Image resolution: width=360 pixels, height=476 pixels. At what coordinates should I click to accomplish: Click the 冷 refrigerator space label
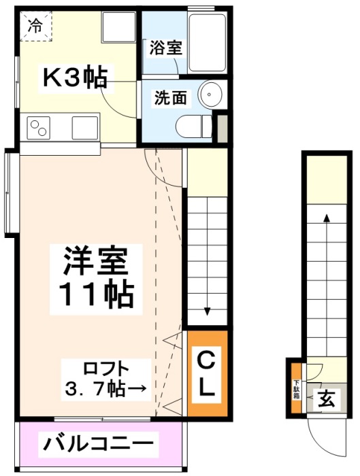pyautogui.click(x=35, y=27)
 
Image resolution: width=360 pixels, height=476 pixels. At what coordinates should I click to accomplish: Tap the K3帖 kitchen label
pyautogui.click(x=76, y=78)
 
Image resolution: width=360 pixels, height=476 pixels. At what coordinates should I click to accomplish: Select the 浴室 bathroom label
pyautogui.click(x=166, y=48)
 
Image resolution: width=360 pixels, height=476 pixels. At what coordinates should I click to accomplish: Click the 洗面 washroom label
pyautogui.click(x=170, y=98)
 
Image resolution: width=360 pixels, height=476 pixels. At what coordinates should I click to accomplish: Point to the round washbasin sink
pyautogui.click(x=210, y=94)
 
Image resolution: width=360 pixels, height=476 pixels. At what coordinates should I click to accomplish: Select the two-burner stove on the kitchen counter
pyautogui.click(x=39, y=129)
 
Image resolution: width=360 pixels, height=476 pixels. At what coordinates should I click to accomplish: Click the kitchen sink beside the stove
pyautogui.click(x=85, y=128)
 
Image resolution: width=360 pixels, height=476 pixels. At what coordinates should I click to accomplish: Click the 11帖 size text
pyautogui.click(x=96, y=295)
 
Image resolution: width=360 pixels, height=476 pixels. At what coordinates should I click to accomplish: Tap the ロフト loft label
pyautogui.click(x=106, y=369)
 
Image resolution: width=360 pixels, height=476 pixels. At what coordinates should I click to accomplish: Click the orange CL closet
pyautogui.click(x=208, y=373)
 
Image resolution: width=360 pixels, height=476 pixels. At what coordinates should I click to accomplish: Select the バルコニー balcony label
pyautogui.click(x=98, y=445)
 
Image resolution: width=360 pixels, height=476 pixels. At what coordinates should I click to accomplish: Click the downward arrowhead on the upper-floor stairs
pyautogui.click(x=207, y=311)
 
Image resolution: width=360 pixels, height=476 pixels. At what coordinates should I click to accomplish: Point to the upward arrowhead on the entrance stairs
pyautogui.click(x=327, y=218)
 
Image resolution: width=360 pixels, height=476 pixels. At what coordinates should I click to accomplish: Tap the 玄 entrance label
pyautogui.click(x=326, y=399)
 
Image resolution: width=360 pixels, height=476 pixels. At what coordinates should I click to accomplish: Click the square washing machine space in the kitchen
pyautogui.click(x=119, y=27)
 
